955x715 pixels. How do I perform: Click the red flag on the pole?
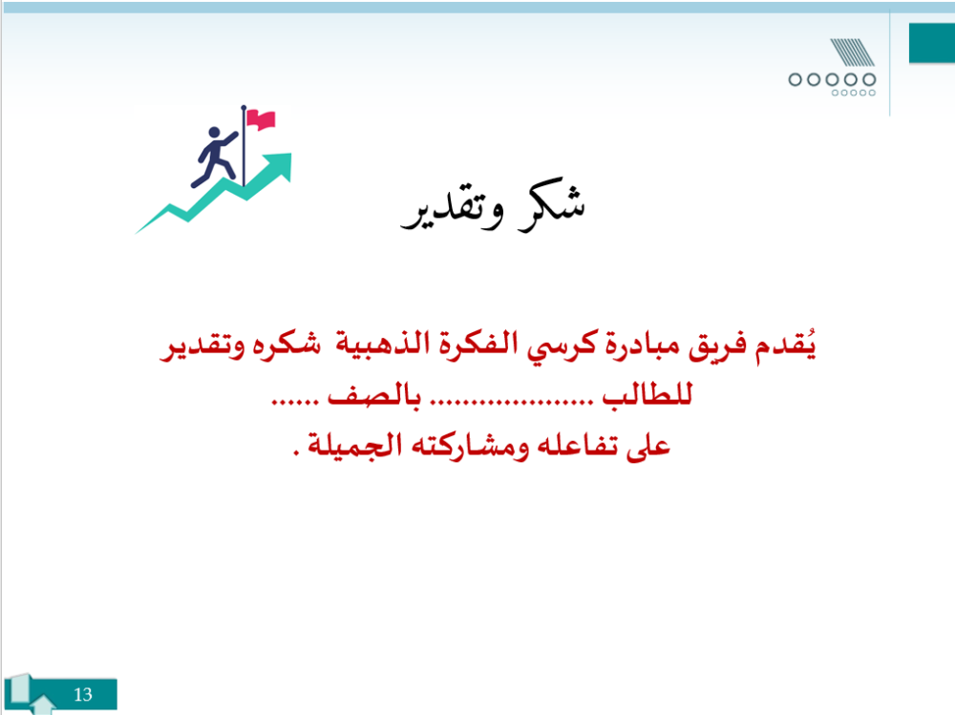(262, 119)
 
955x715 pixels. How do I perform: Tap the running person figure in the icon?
(213, 157)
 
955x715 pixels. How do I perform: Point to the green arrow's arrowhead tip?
(290, 154)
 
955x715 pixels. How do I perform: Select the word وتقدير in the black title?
(452, 210)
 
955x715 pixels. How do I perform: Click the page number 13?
(83, 694)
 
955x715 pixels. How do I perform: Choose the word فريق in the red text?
(718, 347)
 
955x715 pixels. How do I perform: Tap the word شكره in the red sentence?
(286, 346)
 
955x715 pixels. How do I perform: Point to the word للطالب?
(647, 394)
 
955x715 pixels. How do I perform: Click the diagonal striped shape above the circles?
(852, 53)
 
